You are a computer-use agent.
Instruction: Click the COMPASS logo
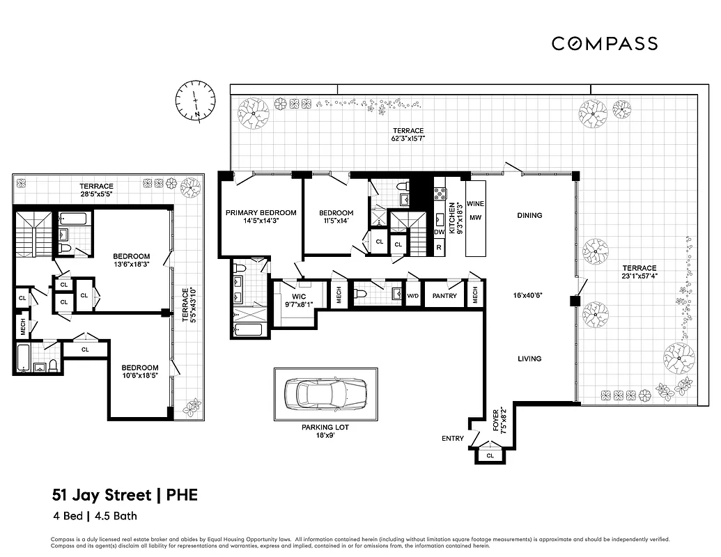(x=604, y=43)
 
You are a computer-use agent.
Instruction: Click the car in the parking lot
(x=326, y=393)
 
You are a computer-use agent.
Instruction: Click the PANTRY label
(x=444, y=296)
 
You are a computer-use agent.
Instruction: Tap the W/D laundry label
(x=413, y=296)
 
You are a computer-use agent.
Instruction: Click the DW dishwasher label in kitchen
(x=439, y=233)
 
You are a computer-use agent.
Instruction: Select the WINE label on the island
(x=475, y=204)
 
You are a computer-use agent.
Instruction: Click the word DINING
(x=529, y=215)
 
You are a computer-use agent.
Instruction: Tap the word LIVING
(x=529, y=359)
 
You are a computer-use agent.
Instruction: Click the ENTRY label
(x=453, y=439)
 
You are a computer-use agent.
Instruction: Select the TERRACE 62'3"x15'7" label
(x=408, y=134)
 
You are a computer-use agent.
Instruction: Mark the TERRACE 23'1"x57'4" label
(x=639, y=272)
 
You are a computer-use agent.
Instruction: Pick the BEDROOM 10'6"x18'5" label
(x=140, y=372)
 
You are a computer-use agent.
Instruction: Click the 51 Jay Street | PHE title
(x=125, y=495)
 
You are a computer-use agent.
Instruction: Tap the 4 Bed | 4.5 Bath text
(x=94, y=517)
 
